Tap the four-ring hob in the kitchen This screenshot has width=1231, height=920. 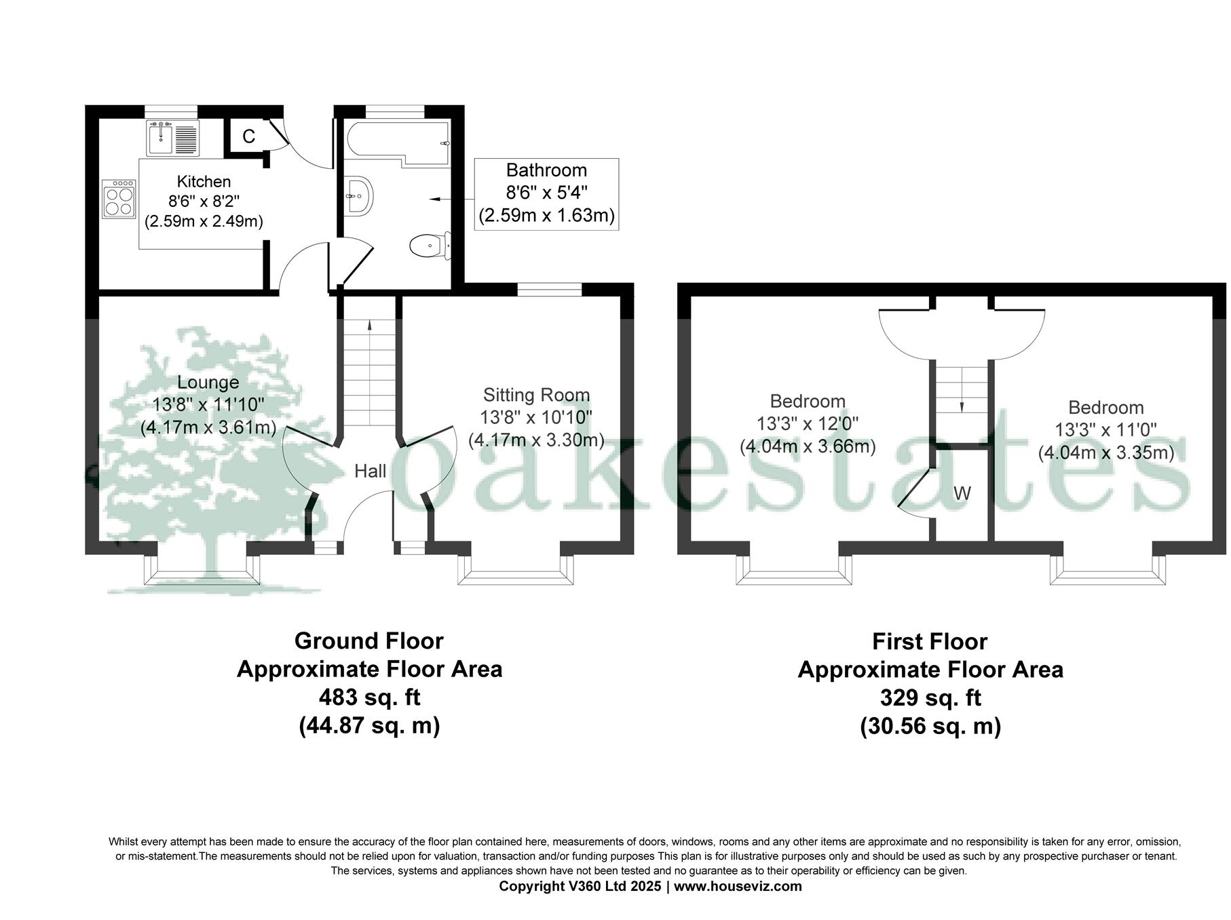pyautogui.click(x=119, y=199)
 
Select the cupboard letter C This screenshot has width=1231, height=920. pyautogui.click(x=248, y=137)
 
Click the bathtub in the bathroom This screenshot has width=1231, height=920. pyautogui.click(x=398, y=142)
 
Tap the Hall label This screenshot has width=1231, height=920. pyautogui.click(x=370, y=471)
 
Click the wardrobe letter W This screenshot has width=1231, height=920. pyautogui.click(x=962, y=493)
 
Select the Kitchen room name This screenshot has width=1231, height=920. pyautogui.click(x=204, y=182)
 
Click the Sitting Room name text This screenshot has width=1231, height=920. pyautogui.click(x=536, y=395)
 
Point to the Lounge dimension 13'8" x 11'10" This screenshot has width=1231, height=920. pyautogui.click(x=208, y=405)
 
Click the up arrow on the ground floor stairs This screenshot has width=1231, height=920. pyautogui.click(x=370, y=324)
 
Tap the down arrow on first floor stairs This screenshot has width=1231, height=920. pyautogui.click(x=962, y=406)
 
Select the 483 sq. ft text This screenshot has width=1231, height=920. pyautogui.click(x=369, y=697)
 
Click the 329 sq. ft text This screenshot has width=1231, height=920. pyautogui.click(x=930, y=697)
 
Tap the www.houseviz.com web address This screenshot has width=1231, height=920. pyautogui.click(x=738, y=886)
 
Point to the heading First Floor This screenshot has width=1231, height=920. pyautogui.click(x=930, y=641)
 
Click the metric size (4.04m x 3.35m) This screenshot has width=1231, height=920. pyautogui.click(x=1105, y=453)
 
